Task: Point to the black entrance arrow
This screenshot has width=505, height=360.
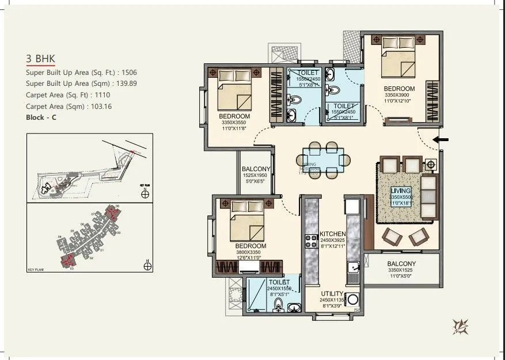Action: click(x=441, y=139)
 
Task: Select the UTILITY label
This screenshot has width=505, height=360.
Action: click(x=332, y=294)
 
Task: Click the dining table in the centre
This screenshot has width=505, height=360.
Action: click(x=323, y=158)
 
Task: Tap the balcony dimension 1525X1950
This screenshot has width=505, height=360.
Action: click(x=256, y=175)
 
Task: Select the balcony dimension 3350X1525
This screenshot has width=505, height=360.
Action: click(x=401, y=270)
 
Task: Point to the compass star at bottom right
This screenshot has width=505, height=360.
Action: click(x=461, y=326)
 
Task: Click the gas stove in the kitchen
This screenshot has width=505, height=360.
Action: click(x=312, y=241)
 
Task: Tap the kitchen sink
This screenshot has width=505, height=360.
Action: click(x=354, y=268)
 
